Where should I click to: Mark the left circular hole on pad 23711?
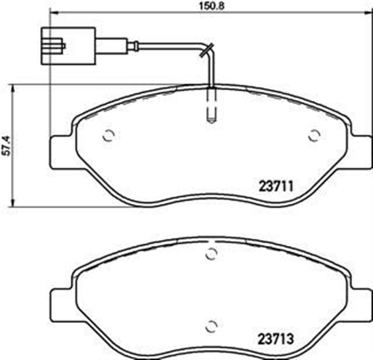tap(108, 136)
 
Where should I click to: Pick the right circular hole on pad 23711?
tap(314, 136)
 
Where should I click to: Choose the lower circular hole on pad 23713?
tap(212, 325)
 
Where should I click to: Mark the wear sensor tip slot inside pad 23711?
tap(212, 108)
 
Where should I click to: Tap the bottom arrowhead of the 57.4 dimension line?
tap(13, 204)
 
